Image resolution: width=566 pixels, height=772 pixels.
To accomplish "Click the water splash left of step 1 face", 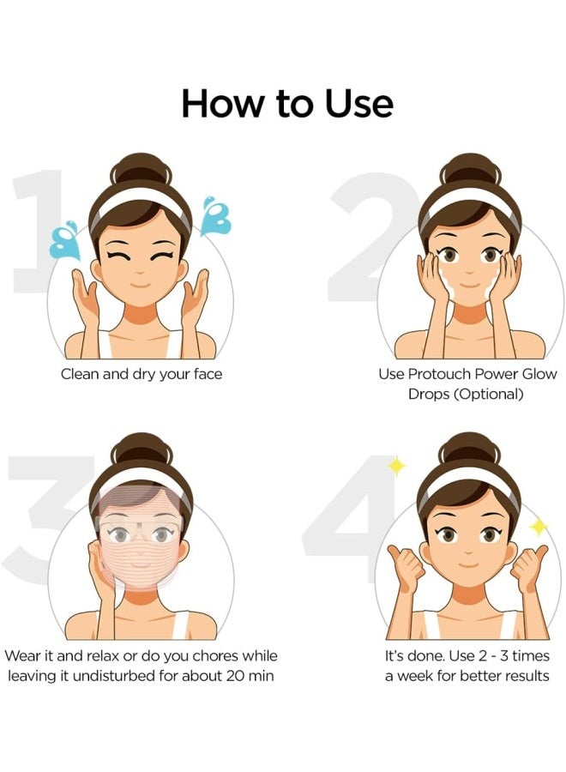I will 64,239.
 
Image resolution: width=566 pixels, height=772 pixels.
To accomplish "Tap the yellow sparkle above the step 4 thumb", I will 396,466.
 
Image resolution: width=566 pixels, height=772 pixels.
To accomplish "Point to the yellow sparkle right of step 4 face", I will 539,526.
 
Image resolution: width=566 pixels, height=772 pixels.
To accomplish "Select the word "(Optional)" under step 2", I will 491,395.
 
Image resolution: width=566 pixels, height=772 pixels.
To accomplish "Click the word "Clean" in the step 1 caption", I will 81,374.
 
